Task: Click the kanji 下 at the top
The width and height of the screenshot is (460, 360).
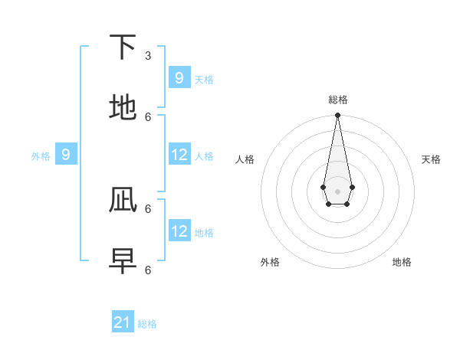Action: click(x=123, y=47)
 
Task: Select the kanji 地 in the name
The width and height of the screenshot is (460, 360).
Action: click(x=123, y=108)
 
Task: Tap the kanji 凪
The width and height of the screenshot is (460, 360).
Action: click(x=123, y=200)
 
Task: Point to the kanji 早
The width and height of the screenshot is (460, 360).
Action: click(x=123, y=261)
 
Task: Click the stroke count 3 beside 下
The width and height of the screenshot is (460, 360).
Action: click(x=148, y=55)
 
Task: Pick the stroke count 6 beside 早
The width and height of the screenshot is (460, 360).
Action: click(x=148, y=270)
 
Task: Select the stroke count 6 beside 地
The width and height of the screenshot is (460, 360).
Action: click(x=148, y=116)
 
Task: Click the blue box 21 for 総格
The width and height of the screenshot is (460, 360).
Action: click(x=123, y=322)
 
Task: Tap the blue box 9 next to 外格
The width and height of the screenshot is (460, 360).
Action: click(x=66, y=155)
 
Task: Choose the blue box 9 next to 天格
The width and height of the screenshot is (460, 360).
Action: click(x=179, y=77)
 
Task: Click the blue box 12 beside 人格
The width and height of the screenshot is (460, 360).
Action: click(x=179, y=155)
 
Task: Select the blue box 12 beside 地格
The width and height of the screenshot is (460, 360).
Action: click(x=179, y=231)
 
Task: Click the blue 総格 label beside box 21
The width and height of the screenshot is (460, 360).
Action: click(x=147, y=324)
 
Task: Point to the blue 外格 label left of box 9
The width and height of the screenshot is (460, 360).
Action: click(x=41, y=156)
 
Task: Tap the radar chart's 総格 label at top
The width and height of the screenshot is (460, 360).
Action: click(x=337, y=100)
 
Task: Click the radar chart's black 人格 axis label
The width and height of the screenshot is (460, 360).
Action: click(x=245, y=159)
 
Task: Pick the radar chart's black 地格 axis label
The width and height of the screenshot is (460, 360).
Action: click(x=402, y=262)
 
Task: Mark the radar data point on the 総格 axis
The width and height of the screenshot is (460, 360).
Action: click(x=337, y=116)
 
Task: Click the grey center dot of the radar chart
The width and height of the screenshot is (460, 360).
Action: click(x=337, y=191)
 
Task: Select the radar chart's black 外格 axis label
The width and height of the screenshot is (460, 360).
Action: click(x=270, y=262)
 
